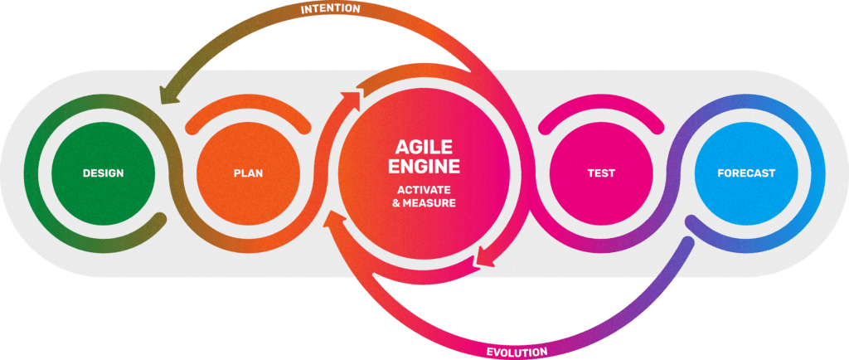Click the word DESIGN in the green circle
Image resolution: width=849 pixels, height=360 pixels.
click(x=103, y=173)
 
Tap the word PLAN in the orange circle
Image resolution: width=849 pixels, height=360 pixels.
click(x=248, y=173)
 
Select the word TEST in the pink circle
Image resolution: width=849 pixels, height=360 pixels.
click(x=600, y=173)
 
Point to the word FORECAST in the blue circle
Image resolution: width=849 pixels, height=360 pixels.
click(x=746, y=173)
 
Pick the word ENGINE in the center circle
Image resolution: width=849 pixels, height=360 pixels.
click(x=424, y=167)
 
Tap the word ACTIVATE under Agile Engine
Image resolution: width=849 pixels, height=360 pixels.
click(x=424, y=189)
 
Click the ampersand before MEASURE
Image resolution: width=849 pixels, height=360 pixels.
click(x=395, y=202)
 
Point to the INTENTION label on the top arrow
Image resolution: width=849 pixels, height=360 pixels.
click(x=330, y=8)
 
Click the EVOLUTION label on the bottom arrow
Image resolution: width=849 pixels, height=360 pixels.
click(x=517, y=352)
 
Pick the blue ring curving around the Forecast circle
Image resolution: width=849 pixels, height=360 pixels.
click(x=817, y=173)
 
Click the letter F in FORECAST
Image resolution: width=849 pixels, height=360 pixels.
click(x=720, y=173)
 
